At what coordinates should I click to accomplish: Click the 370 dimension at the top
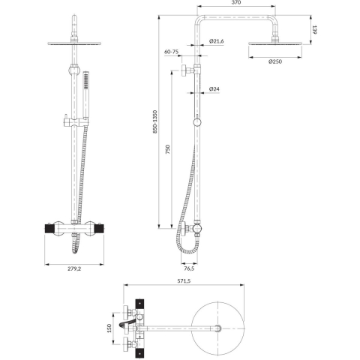[x=236, y=4]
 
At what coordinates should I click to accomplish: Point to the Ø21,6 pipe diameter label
[x=217, y=40]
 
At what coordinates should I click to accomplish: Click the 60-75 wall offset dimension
[x=171, y=52]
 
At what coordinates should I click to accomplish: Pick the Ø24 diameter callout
[x=214, y=89]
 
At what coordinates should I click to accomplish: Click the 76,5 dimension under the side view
[x=190, y=268]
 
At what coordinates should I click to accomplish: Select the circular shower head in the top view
[x=217, y=327]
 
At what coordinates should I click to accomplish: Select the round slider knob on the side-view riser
[x=197, y=122]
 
